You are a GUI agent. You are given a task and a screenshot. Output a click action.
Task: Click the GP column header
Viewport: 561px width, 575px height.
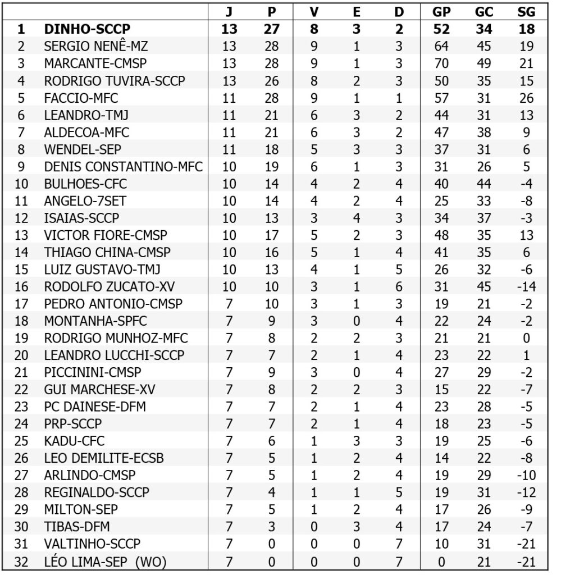pyautogui.click(x=442, y=12)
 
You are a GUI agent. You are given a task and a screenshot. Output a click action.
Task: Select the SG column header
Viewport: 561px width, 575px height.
pyautogui.click(x=526, y=12)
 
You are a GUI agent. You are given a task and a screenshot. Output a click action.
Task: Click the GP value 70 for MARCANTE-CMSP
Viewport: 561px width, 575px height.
pyautogui.click(x=442, y=63)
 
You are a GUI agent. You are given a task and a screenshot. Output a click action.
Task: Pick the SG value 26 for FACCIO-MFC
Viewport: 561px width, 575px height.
pyautogui.click(x=526, y=98)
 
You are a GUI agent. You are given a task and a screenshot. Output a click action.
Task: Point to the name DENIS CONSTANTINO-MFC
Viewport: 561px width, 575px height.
pyautogui.click(x=123, y=166)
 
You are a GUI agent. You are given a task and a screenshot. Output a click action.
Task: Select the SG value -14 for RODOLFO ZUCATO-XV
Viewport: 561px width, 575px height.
pyautogui.click(x=526, y=286)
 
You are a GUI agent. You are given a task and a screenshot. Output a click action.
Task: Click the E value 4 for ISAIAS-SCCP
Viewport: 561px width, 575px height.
pyautogui.click(x=356, y=218)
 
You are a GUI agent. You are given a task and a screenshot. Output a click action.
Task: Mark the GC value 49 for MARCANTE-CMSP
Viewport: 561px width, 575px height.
pyautogui.click(x=484, y=63)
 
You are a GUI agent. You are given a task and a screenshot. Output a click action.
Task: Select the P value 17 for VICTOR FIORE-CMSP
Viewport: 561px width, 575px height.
pyautogui.click(x=272, y=235)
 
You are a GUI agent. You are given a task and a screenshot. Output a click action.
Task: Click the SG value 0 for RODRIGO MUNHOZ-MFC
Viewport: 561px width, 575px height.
pyautogui.click(x=526, y=338)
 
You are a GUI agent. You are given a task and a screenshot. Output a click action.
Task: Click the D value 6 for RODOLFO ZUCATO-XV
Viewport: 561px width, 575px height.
pyautogui.click(x=399, y=286)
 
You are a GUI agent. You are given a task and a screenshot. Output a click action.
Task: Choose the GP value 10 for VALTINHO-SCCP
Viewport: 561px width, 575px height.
pyautogui.click(x=442, y=544)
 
